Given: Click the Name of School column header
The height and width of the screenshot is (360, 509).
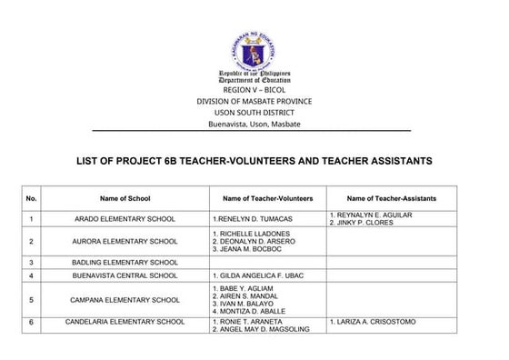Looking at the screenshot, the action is point(126,197).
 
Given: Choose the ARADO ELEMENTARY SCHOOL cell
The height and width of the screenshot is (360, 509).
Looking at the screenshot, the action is point(126,219).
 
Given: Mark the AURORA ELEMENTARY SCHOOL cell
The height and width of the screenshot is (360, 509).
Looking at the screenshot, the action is point(126,241).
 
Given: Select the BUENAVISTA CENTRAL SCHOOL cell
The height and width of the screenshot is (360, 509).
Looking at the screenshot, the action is point(126,275).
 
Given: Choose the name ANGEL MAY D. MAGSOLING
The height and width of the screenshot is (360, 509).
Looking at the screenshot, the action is point(264,329).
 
